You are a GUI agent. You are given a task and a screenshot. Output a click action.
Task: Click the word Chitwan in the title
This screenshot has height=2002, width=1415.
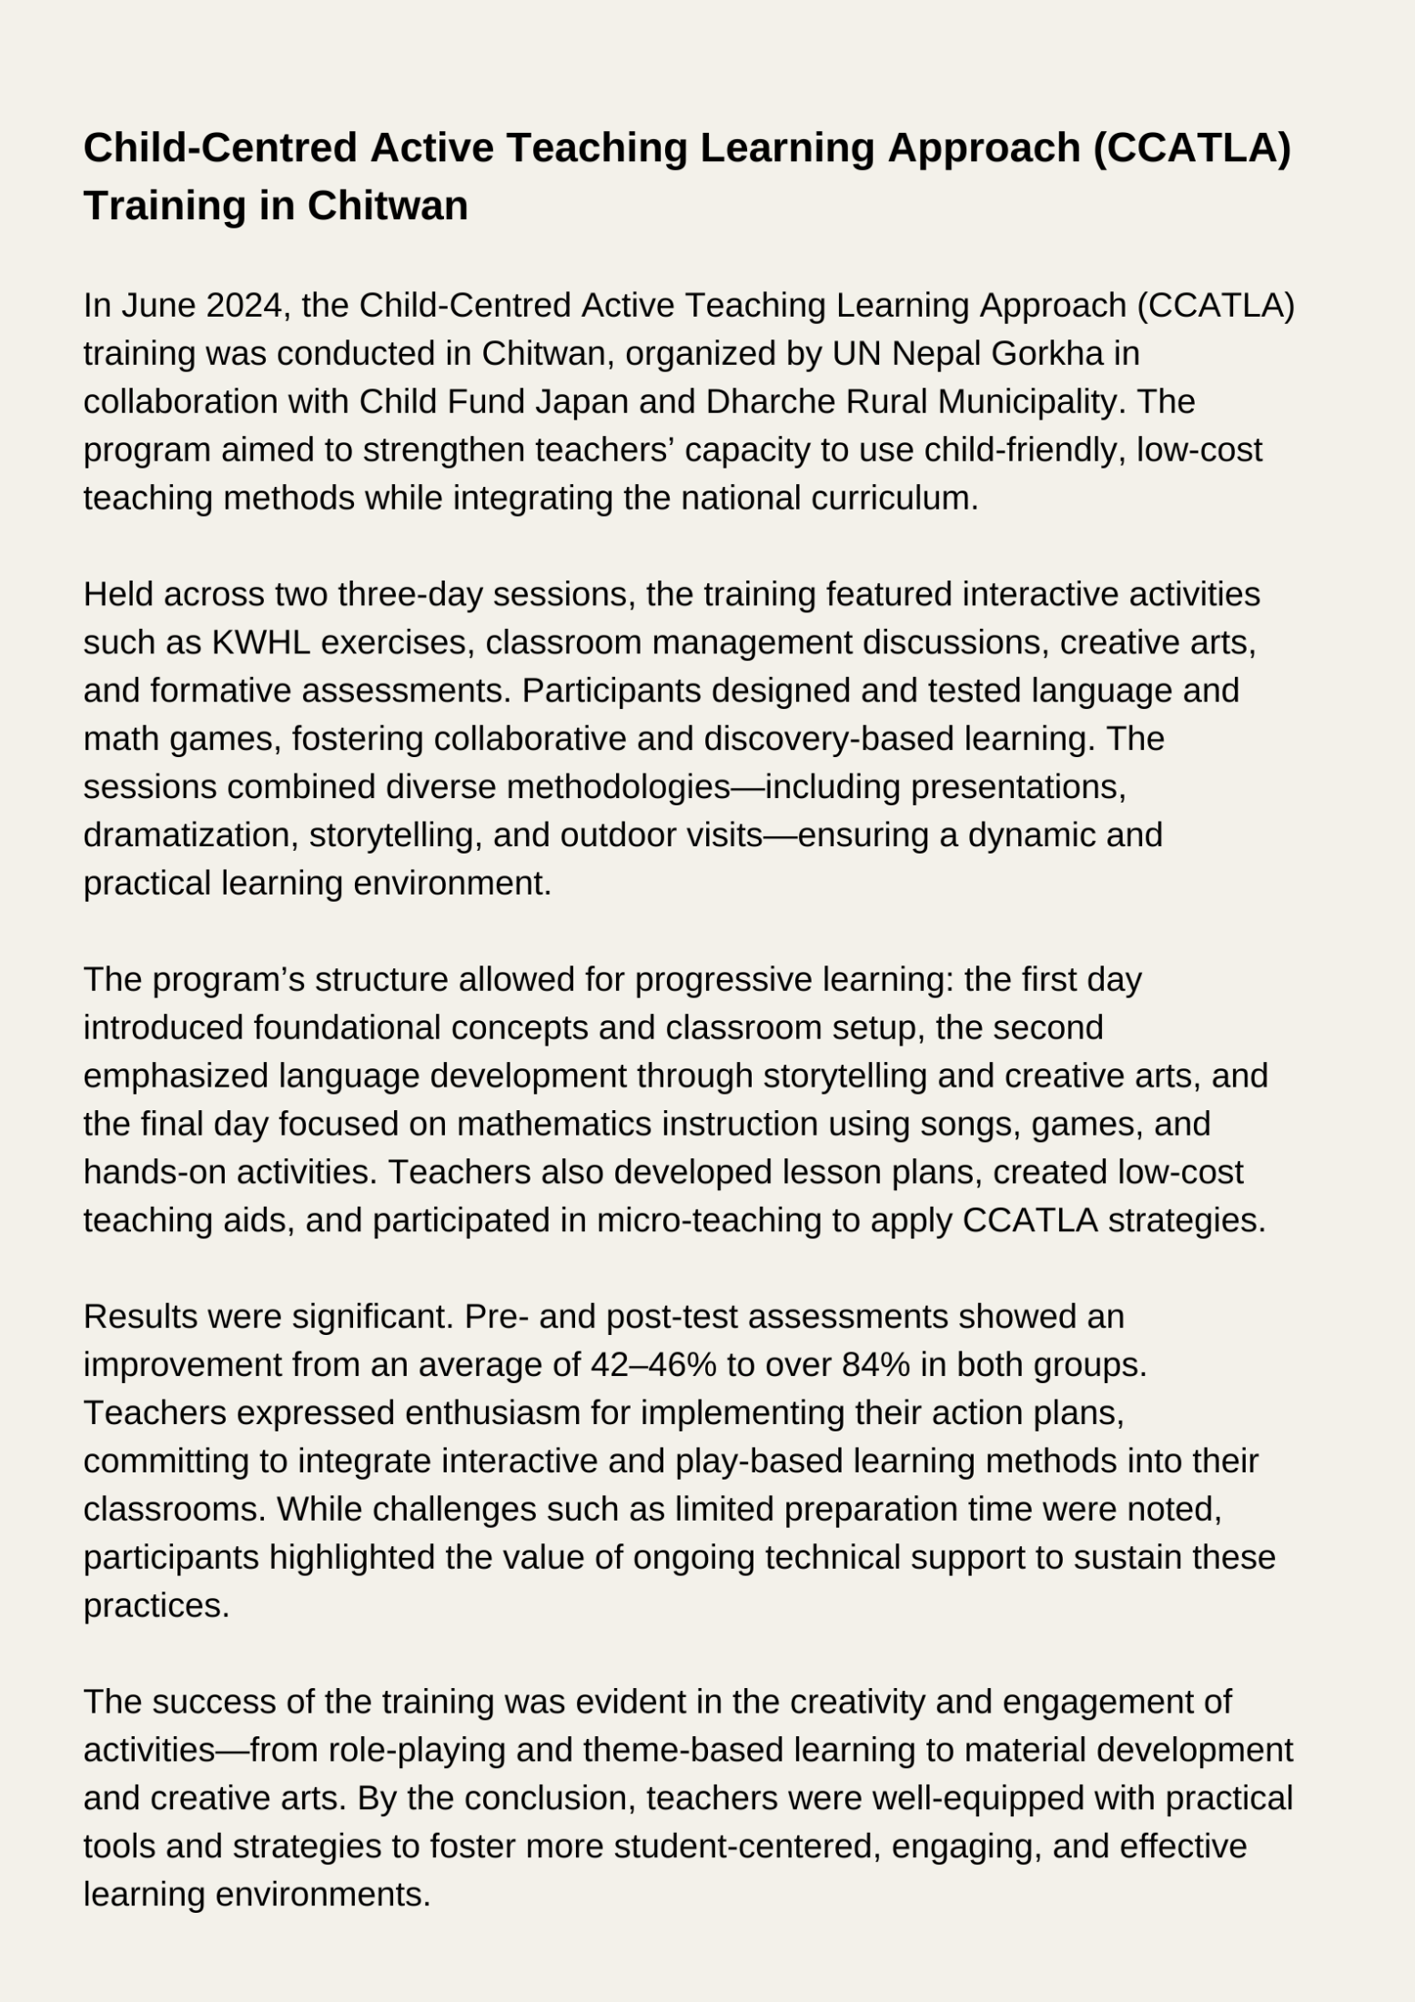(387, 206)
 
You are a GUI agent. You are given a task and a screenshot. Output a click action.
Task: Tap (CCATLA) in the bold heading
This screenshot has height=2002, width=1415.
(1191, 148)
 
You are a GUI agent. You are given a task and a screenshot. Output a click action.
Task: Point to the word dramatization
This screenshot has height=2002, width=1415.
(186, 835)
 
